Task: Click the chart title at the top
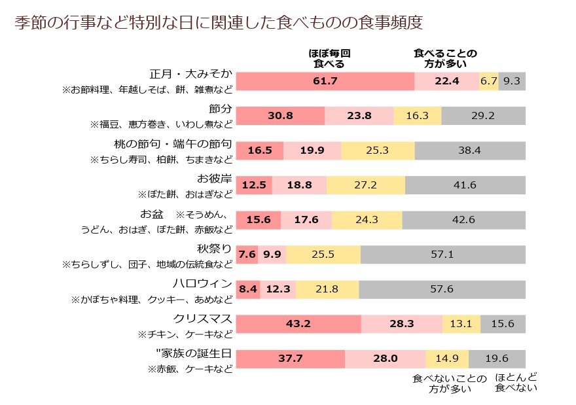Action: pos(219,22)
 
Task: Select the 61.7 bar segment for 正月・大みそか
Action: pos(325,81)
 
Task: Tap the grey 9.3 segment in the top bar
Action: pos(512,81)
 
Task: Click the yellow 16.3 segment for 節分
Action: pos(417,115)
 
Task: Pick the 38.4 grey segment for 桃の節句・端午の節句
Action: pos(469,150)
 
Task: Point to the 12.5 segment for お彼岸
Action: pos(253,185)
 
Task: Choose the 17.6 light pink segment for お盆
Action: pos(306,220)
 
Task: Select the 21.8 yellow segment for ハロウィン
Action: pos(327,289)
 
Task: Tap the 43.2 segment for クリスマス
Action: pos(298,323)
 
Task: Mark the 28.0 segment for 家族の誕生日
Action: pos(385,358)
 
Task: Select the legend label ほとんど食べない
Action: pos(516,383)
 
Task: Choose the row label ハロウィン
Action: pos(202,283)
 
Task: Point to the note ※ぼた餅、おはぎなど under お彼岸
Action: pos(185,194)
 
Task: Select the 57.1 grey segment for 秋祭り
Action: pos(442,254)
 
